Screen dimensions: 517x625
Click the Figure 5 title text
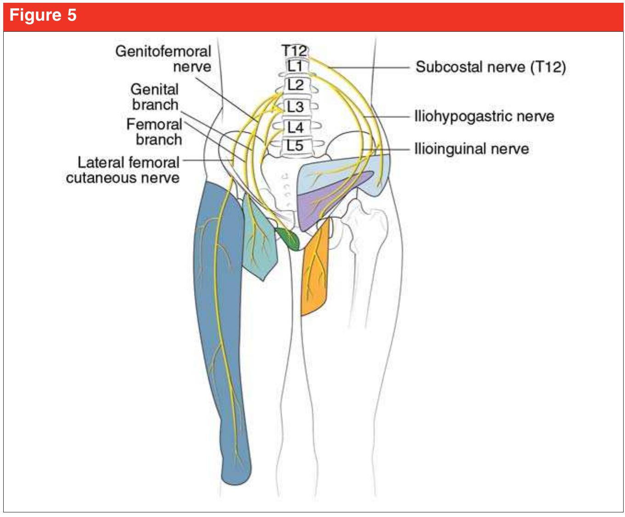pos(43,16)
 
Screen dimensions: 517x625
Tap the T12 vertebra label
pos(294,50)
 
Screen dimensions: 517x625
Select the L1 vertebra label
pos(295,66)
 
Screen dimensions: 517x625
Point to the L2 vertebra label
pos(295,85)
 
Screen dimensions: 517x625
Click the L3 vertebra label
pos(295,107)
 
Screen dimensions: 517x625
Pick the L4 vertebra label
pos(295,127)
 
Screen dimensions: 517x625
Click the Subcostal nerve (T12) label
pos(490,67)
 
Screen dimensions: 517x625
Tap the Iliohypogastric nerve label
pos(484,116)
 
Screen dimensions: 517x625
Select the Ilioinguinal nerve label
pos(472,149)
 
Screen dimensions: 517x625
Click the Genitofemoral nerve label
pos(163,59)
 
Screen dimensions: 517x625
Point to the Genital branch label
pos(155,97)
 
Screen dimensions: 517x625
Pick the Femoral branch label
pos(154,132)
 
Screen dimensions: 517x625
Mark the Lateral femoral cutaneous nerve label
pos(123,170)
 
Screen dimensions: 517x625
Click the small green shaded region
pos(288,238)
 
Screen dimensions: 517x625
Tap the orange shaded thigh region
pos(315,271)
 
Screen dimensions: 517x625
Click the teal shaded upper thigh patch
pos(259,244)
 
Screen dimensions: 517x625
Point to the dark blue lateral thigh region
pos(221,322)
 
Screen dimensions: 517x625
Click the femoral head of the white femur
pos(368,216)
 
